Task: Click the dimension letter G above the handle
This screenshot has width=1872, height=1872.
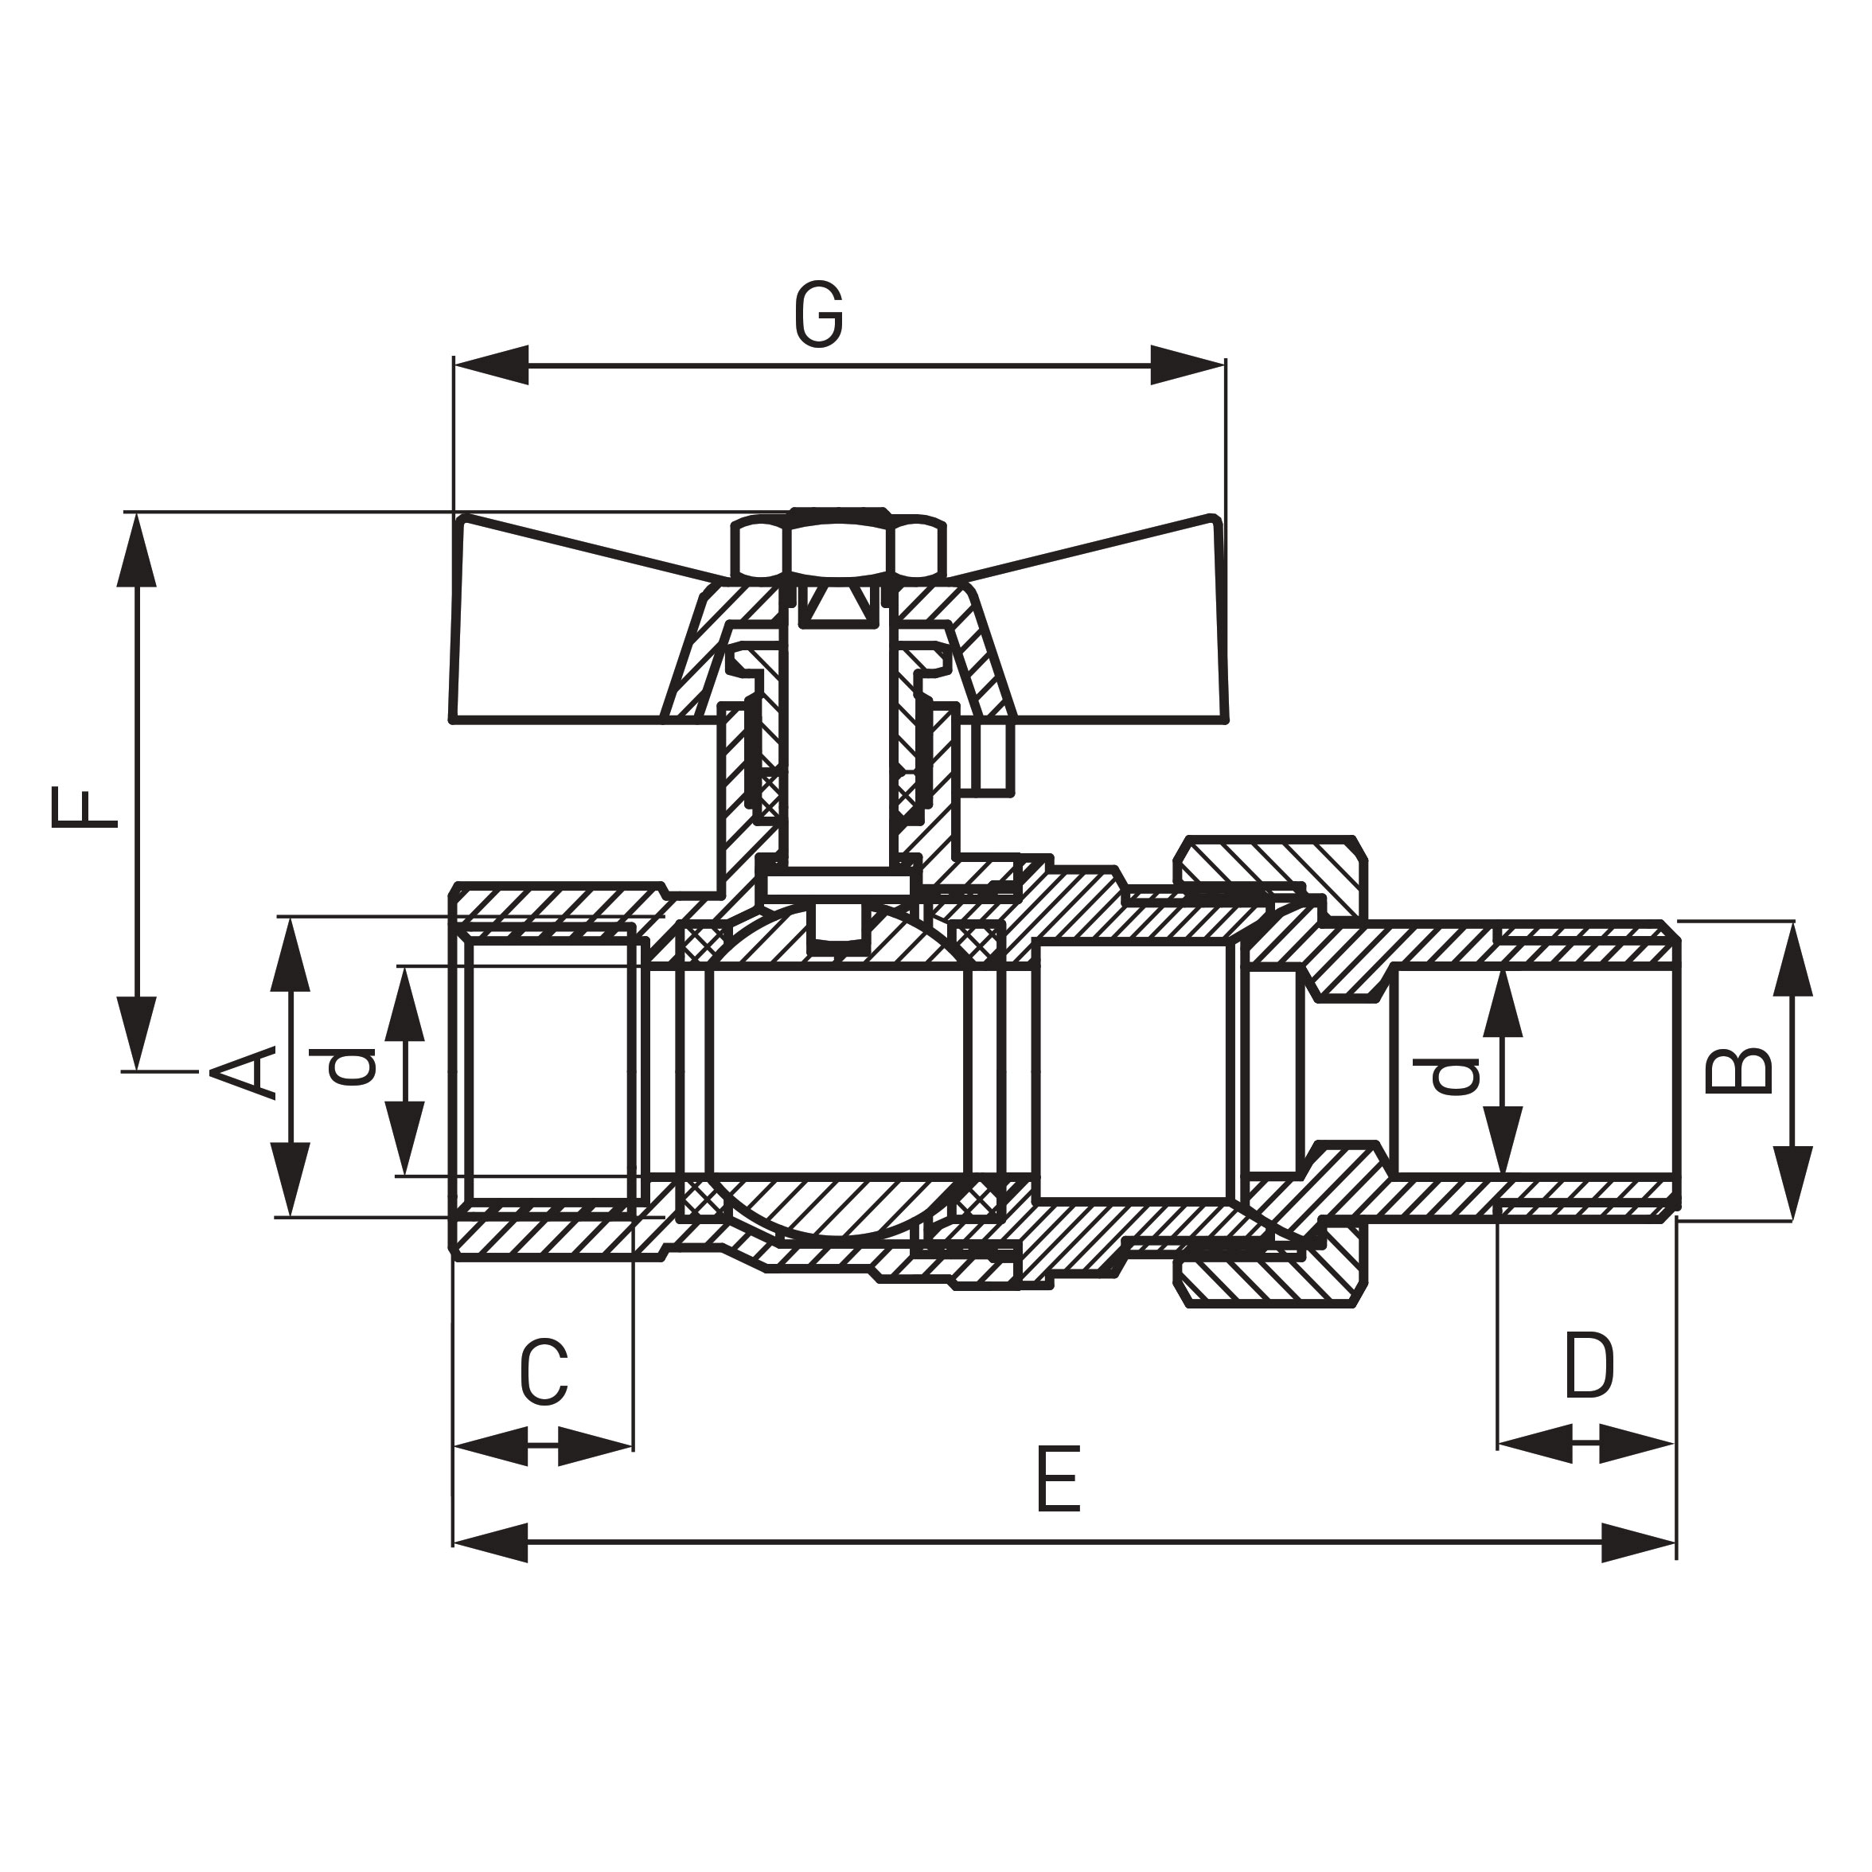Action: [x=819, y=315]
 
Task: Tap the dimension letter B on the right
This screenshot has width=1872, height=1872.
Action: [x=1738, y=1071]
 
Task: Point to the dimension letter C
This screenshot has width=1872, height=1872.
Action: [x=544, y=1373]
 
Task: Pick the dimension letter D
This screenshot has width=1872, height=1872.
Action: [x=1589, y=1367]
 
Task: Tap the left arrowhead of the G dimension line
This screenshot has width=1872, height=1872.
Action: [x=490, y=365]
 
